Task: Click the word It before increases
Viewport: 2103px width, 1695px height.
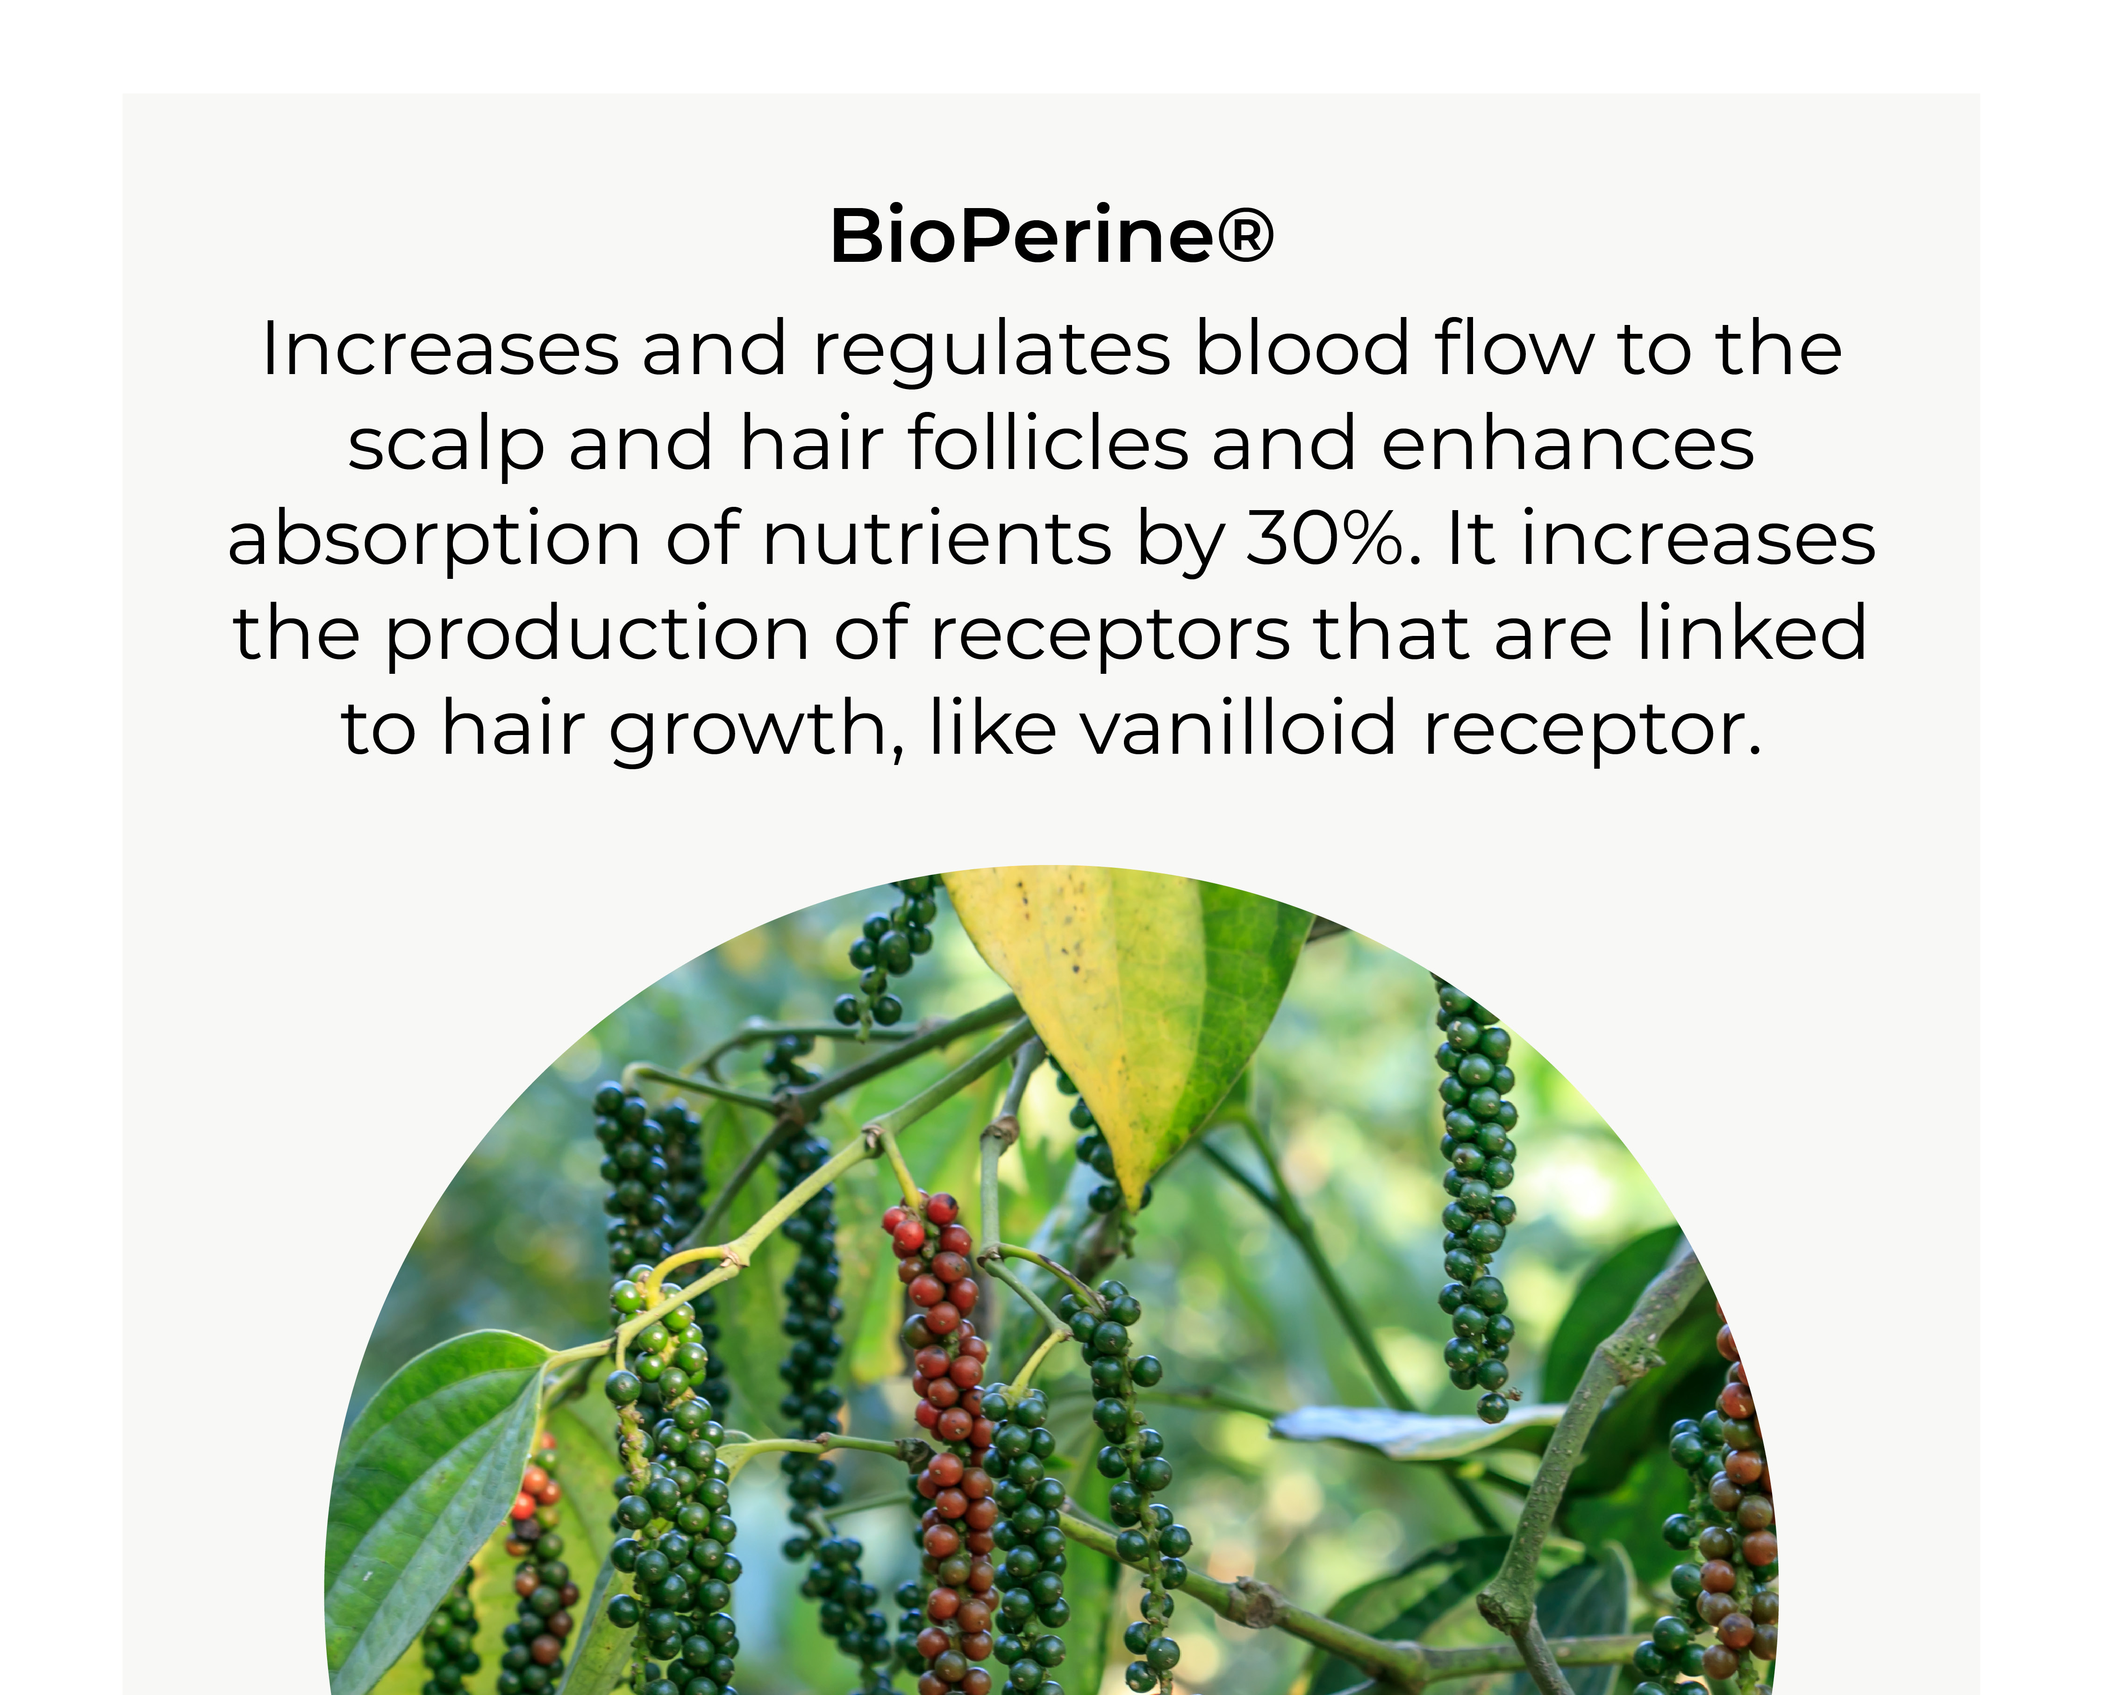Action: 1472,537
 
